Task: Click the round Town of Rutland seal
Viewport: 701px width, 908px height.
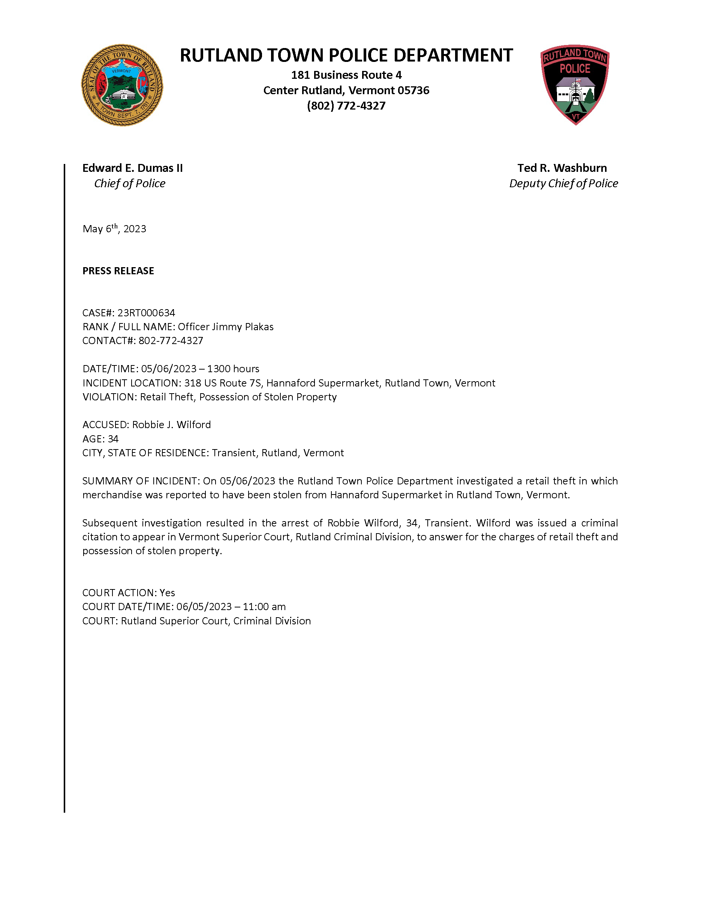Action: pos(122,85)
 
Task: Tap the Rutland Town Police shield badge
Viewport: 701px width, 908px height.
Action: pos(575,84)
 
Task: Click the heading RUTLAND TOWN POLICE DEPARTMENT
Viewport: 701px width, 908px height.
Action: pos(346,55)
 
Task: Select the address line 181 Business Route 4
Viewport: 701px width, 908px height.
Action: pos(346,75)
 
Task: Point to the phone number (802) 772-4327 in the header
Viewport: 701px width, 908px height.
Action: pos(346,105)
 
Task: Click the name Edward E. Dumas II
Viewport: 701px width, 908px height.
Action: pos(132,168)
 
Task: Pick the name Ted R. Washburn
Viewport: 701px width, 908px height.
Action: pos(562,168)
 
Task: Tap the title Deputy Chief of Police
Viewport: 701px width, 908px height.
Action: pos(563,183)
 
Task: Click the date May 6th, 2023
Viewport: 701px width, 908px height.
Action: pos(114,229)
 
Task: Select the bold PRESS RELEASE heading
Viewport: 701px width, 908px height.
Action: pos(118,271)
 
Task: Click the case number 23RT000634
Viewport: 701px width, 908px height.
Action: pos(146,313)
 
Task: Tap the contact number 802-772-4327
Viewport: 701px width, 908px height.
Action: pos(171,341)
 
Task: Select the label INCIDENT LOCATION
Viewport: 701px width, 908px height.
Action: pos(131,383)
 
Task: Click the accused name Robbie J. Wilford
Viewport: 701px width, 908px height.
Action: pos(172,424)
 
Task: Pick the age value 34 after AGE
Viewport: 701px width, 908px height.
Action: pos(113,439)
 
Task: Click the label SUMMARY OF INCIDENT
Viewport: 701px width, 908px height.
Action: pos(140,481)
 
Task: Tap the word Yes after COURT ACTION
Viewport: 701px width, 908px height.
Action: pos(167,592)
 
